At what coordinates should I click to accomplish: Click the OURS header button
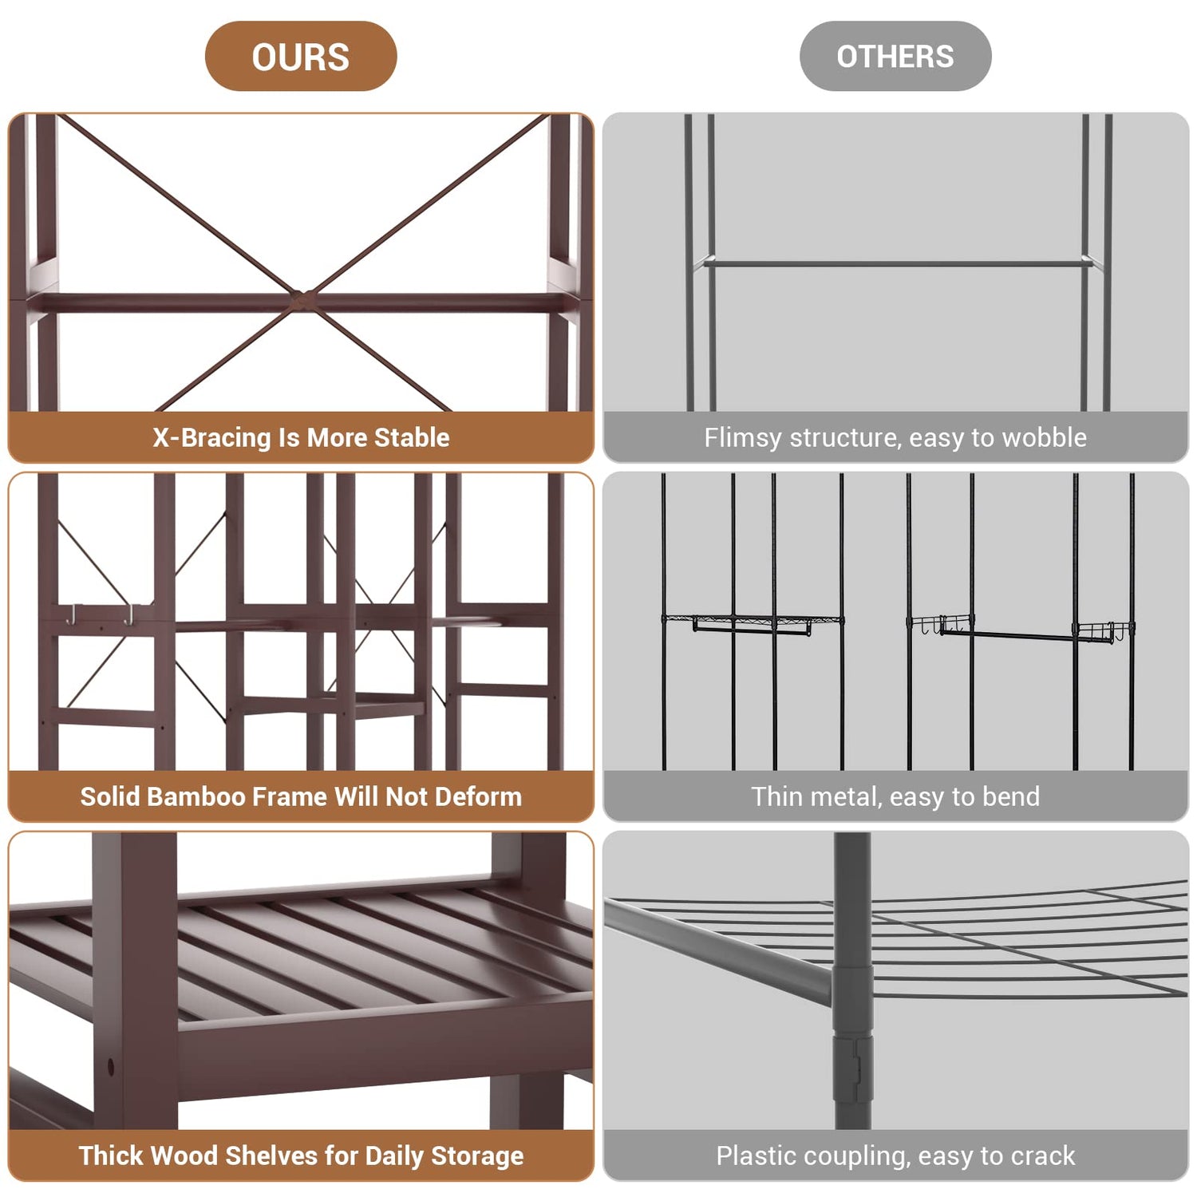pyautogui.click(x=301, y=56)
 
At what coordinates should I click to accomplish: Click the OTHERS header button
pyautogui.click(x=895, y=56)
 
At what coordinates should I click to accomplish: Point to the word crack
pyautogui.click(x=1041, y=1156)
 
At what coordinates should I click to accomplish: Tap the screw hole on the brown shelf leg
pyautogui.click(x=110, y=1066)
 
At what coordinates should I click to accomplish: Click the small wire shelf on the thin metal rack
pyautogui.click(x=753, y=622)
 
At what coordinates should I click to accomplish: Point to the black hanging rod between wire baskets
pyautogui.click(x=1009, y=635)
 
